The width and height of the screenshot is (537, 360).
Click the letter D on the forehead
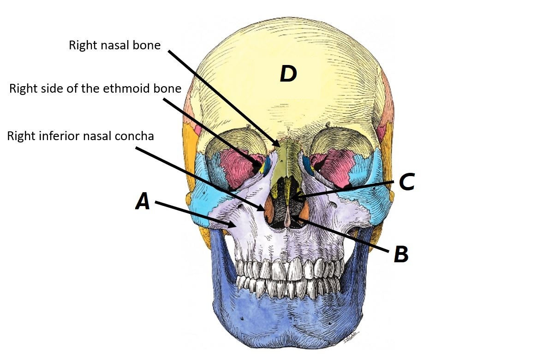[288, 74]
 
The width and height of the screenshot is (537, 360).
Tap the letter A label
[143, 201]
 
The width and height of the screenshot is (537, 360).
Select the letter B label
[401, 254]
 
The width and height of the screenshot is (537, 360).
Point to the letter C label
[406, 182]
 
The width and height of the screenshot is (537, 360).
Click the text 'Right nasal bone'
[114, 45]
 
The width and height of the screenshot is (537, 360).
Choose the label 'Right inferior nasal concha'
[80, 136]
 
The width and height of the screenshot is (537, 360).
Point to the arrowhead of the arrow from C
[292, 199]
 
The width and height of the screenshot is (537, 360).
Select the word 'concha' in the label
[138, 136]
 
